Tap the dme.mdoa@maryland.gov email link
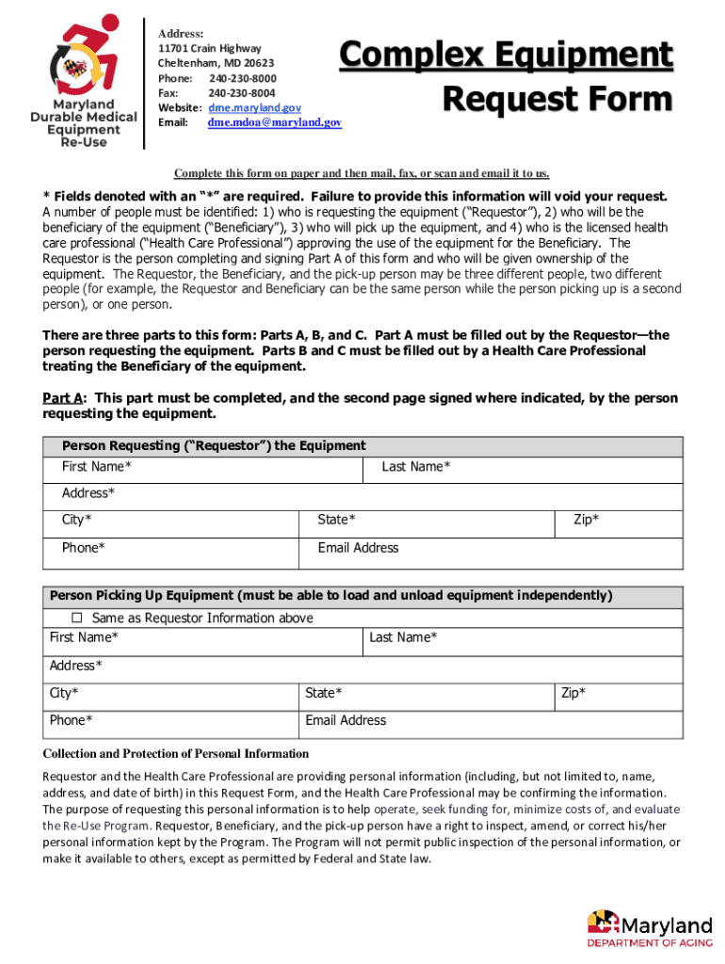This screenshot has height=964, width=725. tap(275, 122)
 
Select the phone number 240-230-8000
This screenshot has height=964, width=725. tap(243, 78)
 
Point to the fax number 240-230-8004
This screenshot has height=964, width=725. tap(242, 93)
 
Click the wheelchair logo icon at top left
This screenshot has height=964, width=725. tap(82, 58)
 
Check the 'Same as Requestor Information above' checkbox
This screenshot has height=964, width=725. tap(78, 618)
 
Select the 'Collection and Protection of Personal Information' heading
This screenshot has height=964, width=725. tap(176, 753)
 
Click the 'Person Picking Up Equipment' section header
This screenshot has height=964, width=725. tap(330, 595)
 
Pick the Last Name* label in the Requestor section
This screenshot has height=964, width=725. tap(415, 467)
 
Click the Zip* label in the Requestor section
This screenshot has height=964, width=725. tap(587, 520)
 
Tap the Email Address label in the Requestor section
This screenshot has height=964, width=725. tap(358, 548)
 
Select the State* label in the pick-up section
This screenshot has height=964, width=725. tap(324, 693)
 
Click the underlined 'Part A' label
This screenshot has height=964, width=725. tap(63, 398)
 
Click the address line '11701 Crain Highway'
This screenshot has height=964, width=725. tap(209, 48)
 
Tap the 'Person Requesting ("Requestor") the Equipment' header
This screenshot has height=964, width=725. tap(214, 445)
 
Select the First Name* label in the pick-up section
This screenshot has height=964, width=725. tap(84, 637)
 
